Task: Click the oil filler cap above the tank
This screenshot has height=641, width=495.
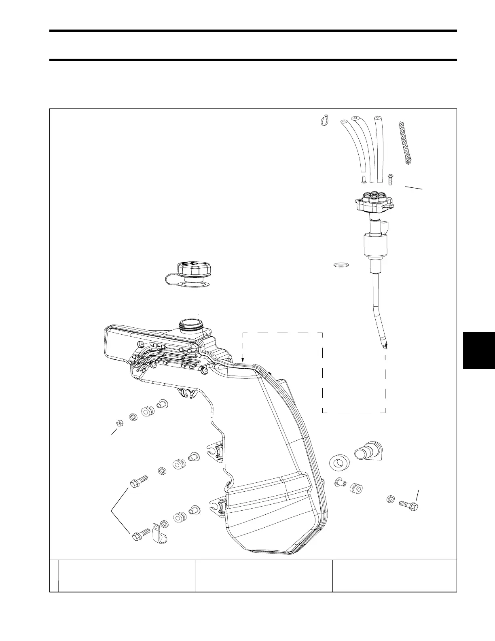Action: tap(192, 270)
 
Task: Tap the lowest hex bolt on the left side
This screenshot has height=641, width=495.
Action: tap(140, 535)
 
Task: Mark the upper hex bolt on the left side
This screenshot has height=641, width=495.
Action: tap(138, 482)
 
